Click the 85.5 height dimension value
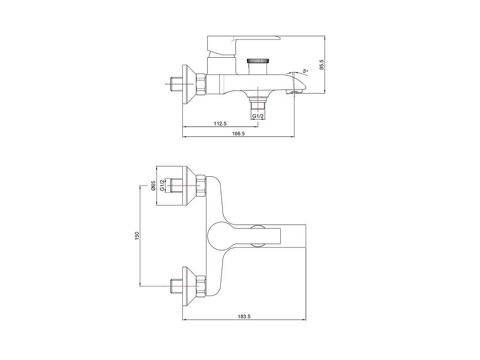point(321,64)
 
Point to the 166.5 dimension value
point(238,134)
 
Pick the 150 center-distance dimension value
point(137,236)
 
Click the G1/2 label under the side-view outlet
point(258,116)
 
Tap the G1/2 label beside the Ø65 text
point(162,186)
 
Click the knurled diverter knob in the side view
point(258,60)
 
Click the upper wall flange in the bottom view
point(189,186)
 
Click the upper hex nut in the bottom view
point(201,186)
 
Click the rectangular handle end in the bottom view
point(292,236)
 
